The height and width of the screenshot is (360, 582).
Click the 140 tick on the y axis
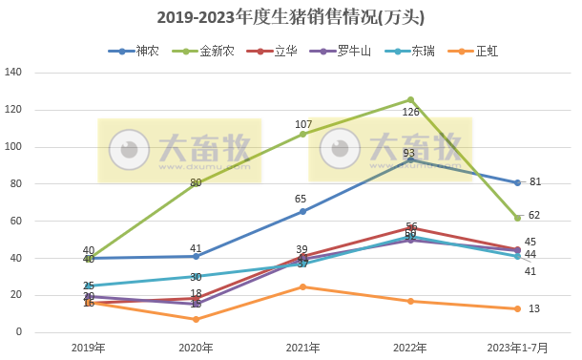(x=13, y=73)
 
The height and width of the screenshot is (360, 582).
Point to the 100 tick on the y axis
(x=13, y=147)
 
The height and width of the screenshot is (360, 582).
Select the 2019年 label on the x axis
(x=89, y=347)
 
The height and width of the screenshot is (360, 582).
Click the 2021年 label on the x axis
(x=303, y=347)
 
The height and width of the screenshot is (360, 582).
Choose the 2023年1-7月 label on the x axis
(x=517, y=347)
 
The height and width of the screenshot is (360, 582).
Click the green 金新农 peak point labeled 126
(x=410, y=99)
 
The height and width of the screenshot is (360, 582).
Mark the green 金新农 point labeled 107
(x=303, y=134)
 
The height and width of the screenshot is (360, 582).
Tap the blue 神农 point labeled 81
(x=517, y=182)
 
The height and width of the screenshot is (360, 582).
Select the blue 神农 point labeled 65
(x=303, y=211)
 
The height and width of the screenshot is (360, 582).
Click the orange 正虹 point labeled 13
(x=517, y=308)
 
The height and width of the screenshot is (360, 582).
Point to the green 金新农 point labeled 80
(x=196, y=183)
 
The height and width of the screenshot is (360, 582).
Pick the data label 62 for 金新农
(x=534, y=216)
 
